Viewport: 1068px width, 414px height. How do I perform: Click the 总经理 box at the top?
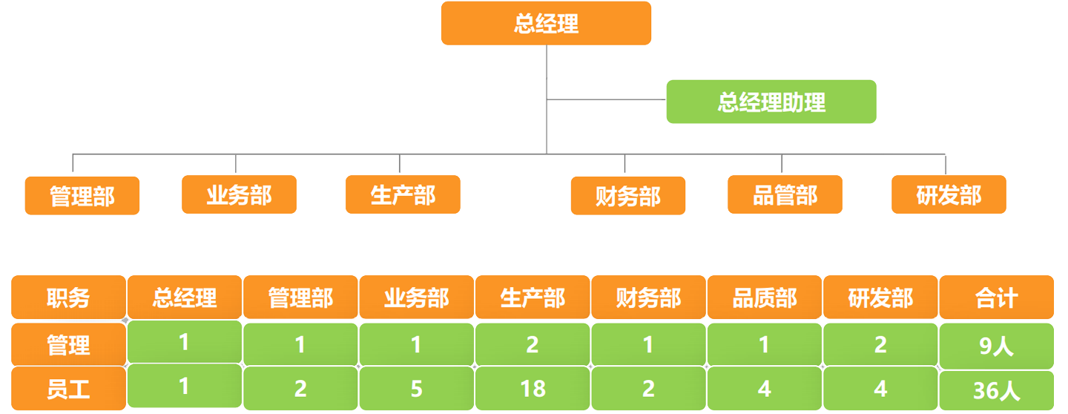tap(546, 23)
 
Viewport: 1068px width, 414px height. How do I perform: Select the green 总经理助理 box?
tap(771, 102)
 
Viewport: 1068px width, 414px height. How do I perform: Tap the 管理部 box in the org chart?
tap(82, 196)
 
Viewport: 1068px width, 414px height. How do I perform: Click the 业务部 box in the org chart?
tap(239, 194)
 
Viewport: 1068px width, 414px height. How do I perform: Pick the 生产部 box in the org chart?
tap(403, 194)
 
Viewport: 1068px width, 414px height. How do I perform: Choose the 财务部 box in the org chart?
tap(627, 196)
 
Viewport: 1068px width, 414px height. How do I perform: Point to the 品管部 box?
tap(785, 194)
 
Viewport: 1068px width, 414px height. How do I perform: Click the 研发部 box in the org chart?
tap(949, 194)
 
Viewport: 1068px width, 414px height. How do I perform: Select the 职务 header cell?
tap(68, 298)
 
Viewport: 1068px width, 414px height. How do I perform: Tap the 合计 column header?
tap(996, 298)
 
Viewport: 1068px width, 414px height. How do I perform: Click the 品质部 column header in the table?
tap(765, 298)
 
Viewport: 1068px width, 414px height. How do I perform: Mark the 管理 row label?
tap(68, 344)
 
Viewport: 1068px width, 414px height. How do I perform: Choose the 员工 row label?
tap(68, 389)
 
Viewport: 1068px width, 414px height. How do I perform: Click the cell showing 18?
tap(533, 388)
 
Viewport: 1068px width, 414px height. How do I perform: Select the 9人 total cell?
tap(996, 345)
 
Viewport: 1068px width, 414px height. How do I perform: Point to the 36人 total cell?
tap(996, 390)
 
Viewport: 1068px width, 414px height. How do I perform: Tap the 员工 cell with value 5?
tap(416, 388)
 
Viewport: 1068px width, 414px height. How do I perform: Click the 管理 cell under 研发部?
tap(880, 344)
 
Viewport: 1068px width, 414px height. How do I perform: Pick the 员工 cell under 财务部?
tap(648, 388)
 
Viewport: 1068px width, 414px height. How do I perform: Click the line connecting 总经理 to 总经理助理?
tap(607, 99)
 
